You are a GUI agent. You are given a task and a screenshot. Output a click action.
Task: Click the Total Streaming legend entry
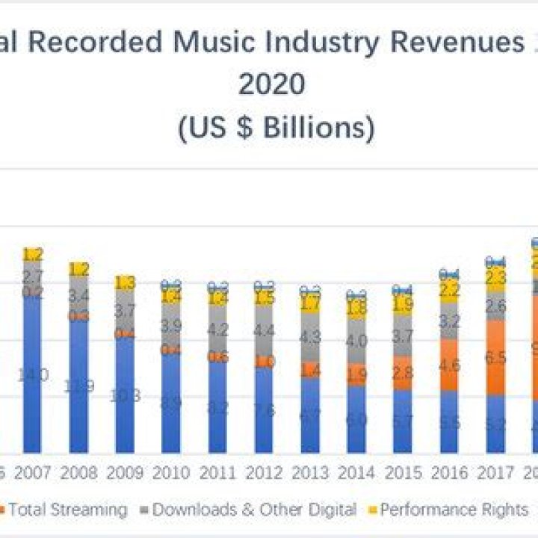coord(67,510)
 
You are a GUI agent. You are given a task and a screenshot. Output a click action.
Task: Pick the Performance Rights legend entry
coord(453,510)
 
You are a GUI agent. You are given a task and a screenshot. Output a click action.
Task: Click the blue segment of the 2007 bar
coord(33,374)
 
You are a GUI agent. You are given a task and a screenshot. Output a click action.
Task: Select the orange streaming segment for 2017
coord(495,357)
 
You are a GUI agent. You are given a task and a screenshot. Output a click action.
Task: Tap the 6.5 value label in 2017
coord(495,358)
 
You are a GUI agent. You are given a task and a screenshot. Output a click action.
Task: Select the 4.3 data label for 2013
coord(310,336)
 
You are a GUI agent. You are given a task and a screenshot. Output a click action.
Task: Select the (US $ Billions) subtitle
coord(276,128)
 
